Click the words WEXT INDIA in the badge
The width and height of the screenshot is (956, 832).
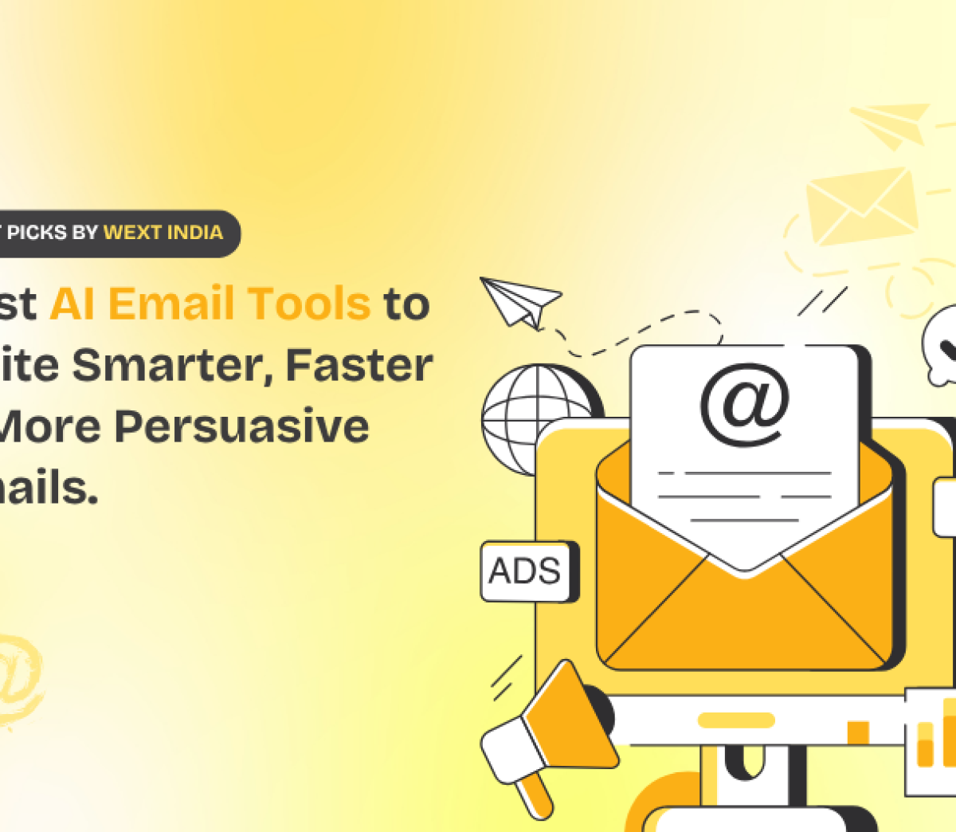coord(163,233)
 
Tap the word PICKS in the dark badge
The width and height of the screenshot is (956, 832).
coord(38,233)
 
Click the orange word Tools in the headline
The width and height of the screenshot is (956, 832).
coord(308,304)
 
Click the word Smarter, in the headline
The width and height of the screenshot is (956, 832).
coord(172,365)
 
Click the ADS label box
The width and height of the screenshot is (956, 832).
coord(526,571)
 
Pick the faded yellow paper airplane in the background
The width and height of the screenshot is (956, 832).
coord(891,124)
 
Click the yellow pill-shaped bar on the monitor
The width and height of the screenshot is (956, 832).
coord(735,720)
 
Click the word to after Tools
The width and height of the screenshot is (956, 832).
coord(406,304)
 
